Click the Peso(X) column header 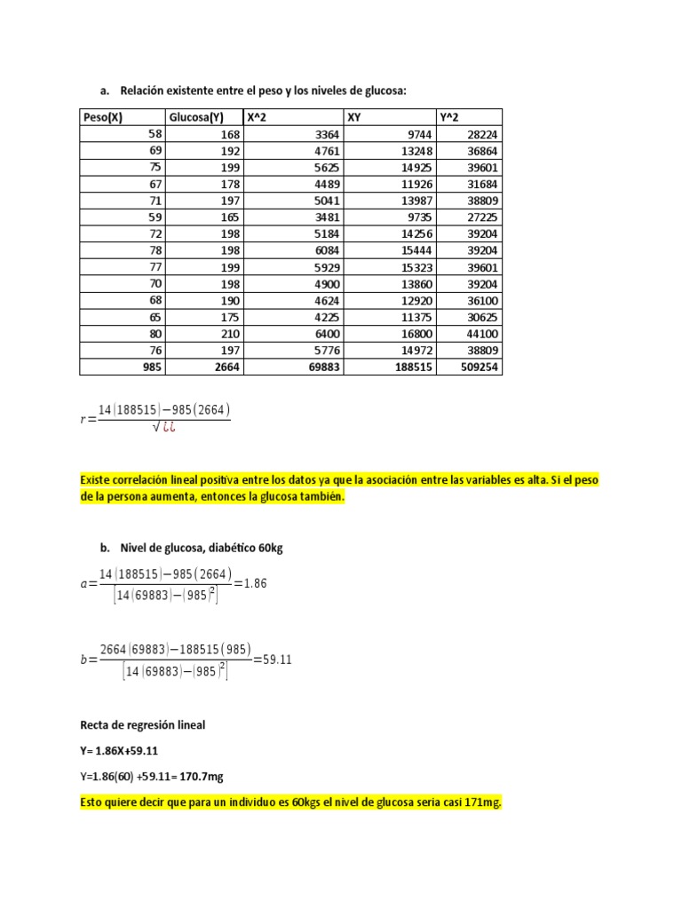(x=102, y=117)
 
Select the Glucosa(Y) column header (x=195, y=117)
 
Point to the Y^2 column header (x=449, y=117)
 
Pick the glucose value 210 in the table (x=228, y=334)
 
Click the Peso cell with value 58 (x=154, y=133)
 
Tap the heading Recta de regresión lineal (x=142, y=725)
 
